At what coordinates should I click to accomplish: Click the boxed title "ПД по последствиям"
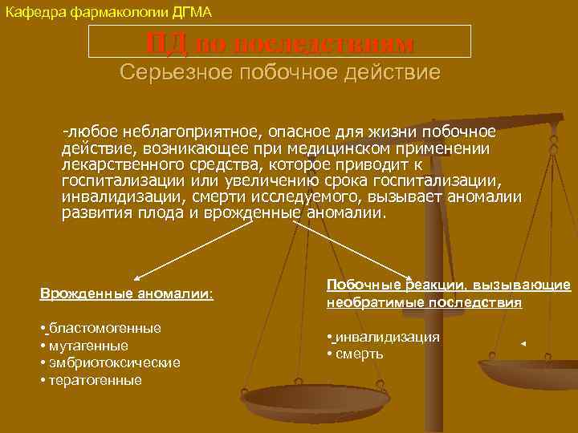279,42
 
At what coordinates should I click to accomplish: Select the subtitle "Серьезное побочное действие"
279,72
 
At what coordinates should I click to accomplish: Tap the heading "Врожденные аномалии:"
127,294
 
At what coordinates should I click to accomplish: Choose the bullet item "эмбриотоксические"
113,362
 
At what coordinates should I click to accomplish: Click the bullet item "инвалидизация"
387,337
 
